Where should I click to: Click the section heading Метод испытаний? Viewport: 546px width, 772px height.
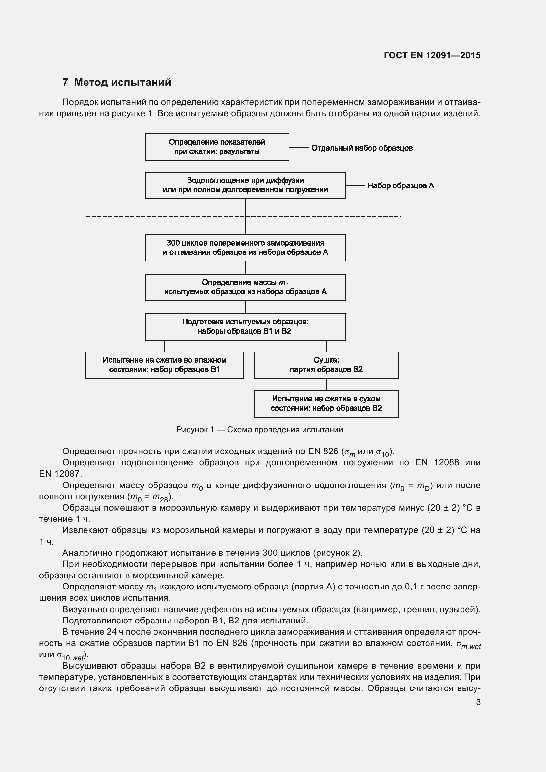tap(122, 82)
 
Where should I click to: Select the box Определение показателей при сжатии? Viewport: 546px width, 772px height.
tap(217, 147)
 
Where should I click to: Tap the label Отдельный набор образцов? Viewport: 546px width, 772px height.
tap(361, 148)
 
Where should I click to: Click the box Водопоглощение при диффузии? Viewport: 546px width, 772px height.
tap(245, 185)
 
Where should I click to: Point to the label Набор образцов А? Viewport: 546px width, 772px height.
tap(400, 185)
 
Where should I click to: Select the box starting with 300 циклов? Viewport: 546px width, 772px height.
tap(245, 248)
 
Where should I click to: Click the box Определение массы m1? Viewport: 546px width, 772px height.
tap(245, 287)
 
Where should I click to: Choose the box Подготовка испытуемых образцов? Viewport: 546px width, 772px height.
tap(245, 327)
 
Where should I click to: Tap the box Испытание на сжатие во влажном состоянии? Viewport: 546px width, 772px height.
tap(164, 365)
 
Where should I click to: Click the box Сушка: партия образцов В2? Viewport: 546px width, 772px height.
tap(326, 365)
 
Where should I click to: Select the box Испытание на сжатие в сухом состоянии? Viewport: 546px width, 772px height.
tap(326, 404)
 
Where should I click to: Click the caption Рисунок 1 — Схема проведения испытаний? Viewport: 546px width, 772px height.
tap(259, 430)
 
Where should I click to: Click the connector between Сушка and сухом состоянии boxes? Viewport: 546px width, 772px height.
tap(326, 385)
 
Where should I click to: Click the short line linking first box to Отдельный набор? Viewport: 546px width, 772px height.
tap(298, 147)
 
